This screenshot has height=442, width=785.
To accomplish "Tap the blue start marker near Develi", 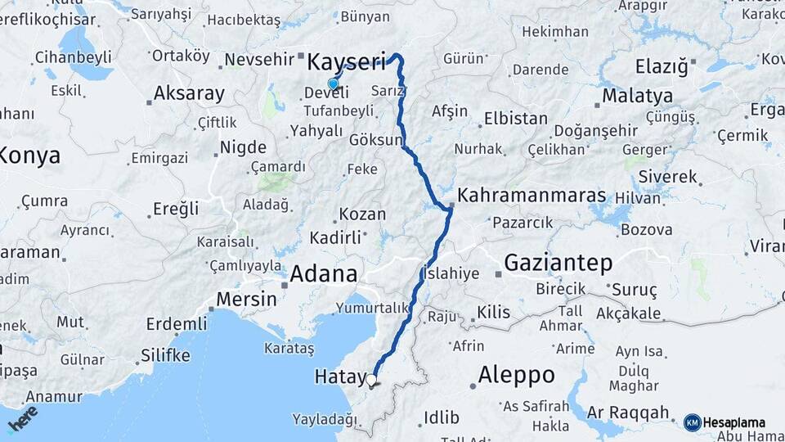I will (x=333, y=83).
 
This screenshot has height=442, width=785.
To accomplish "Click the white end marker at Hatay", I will (x=371, y=380).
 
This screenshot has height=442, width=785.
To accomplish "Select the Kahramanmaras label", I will (x=532, y=196).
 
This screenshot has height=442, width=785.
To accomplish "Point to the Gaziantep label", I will (x=558, y=263).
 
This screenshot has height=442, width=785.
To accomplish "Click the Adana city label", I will (x=324, y=273).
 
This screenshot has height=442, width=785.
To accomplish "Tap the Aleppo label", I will (x=516, y=375).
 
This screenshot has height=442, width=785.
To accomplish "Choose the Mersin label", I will (x=247, y=300).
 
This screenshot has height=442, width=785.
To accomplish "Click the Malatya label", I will (x=637, y=96).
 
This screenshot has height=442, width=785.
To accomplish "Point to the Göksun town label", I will (x=376, y=140).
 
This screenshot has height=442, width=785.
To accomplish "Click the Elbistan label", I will (x=515, y=118).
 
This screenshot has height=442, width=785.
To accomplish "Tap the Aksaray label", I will (x=188, y=93).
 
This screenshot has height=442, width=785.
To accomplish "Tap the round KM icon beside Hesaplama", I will (x=692, y=422).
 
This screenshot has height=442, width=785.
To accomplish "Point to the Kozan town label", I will (x=362, y=214).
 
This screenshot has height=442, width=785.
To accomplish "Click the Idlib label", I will (x=442, y=417).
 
